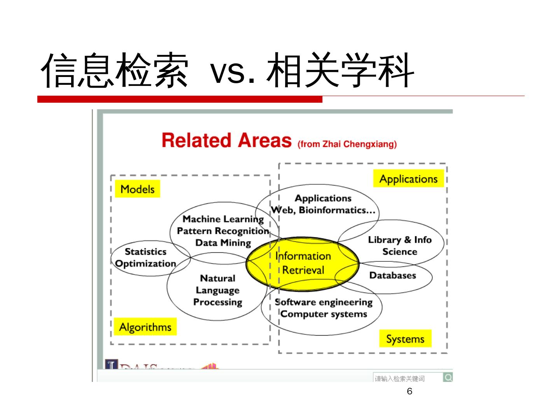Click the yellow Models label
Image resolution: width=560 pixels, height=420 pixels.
pos(137,189)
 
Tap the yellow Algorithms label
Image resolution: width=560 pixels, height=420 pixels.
pos(145,327)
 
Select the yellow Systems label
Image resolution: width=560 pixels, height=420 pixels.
pos(405,339)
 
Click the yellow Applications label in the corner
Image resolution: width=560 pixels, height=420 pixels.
pos(408,179)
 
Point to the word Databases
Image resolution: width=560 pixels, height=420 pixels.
pos(392,275)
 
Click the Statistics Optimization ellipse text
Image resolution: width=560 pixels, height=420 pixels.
pos(146,257)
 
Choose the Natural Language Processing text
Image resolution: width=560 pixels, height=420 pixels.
pos(218,290)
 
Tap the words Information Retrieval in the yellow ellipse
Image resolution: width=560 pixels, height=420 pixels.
pos(303,263)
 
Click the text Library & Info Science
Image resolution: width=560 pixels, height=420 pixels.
pos(400,245)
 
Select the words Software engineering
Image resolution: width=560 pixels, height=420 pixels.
pos(324,302)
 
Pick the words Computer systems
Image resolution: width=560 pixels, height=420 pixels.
pos(324,314)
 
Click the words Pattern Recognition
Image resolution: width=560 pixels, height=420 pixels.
pos(223,231)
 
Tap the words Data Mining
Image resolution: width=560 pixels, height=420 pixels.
pos(223,243)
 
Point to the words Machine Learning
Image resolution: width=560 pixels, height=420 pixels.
pos(223,219)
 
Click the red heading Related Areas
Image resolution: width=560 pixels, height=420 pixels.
pos(226,140)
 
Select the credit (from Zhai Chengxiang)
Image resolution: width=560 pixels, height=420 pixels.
pos(347,144)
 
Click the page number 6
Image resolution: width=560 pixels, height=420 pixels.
pos(409,392)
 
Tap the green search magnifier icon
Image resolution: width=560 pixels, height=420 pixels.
pos(448,377)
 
